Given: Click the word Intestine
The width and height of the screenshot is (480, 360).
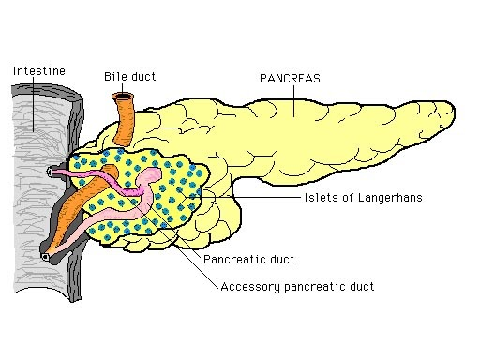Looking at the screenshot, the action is (x=37, y=70).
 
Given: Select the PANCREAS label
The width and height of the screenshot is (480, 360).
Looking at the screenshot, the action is (x=290, y=79).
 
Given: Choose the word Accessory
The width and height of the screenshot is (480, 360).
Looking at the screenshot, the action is (x=246, y=287).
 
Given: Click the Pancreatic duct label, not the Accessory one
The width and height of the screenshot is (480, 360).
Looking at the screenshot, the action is (x=248, y=259).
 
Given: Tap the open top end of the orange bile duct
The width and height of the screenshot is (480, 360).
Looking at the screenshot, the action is (x=122, y=96).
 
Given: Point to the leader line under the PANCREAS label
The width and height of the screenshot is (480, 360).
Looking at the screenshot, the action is (x=291, y=101).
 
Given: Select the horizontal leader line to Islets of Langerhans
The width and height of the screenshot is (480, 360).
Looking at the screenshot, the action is (x=272, y=198).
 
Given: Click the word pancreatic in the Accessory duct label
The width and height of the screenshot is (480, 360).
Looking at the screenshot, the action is (x=311, y=287).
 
